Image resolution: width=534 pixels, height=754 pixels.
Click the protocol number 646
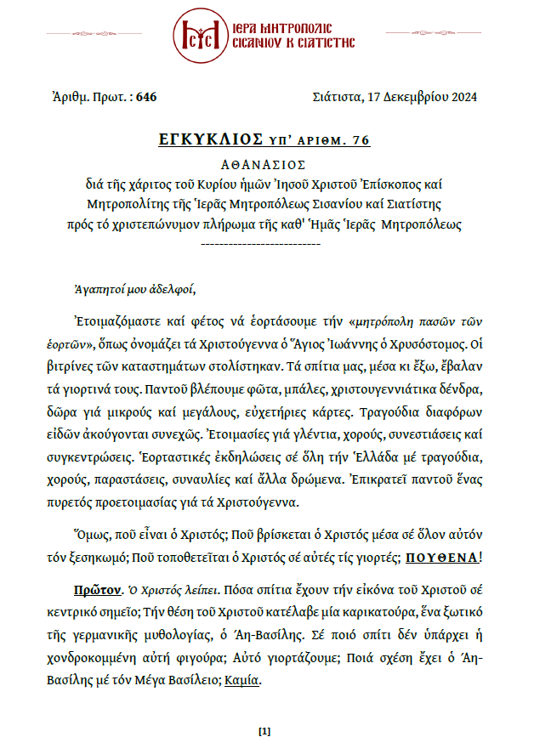tap(146, 97)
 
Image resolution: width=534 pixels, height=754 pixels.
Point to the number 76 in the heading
tap(361, 139)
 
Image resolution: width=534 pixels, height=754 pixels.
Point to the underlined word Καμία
tap(243, 681)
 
